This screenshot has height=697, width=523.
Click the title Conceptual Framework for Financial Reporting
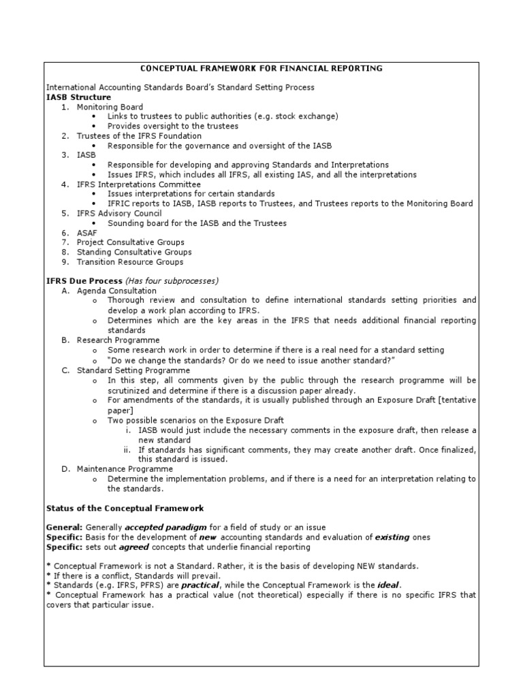(x=261, y=68)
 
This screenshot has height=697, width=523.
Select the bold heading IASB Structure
(x=78, y=97)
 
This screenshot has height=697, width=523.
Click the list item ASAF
(x=87, y=233)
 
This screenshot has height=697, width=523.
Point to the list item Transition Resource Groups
(x=129, y=262)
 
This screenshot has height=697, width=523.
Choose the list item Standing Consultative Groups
(x=134, y=252)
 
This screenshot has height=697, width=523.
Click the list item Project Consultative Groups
(x=130, y=242)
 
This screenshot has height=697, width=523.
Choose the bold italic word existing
(x=392, y=537)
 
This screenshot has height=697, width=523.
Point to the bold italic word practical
(x=200, y=585)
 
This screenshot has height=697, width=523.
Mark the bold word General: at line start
(x=64, y=528)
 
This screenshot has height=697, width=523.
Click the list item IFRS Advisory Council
(x=119, y=213)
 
